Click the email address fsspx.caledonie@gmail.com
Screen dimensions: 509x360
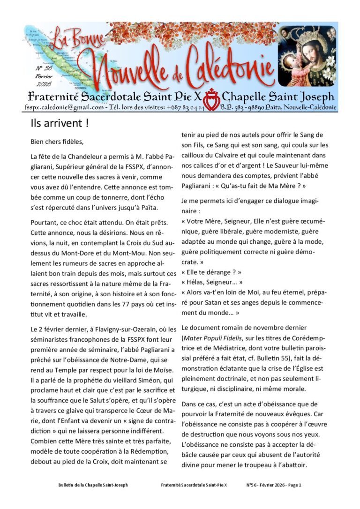(64, 107)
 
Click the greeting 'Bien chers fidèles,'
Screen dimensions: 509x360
(58, 141)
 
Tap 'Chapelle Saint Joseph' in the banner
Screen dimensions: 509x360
(278, 97)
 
